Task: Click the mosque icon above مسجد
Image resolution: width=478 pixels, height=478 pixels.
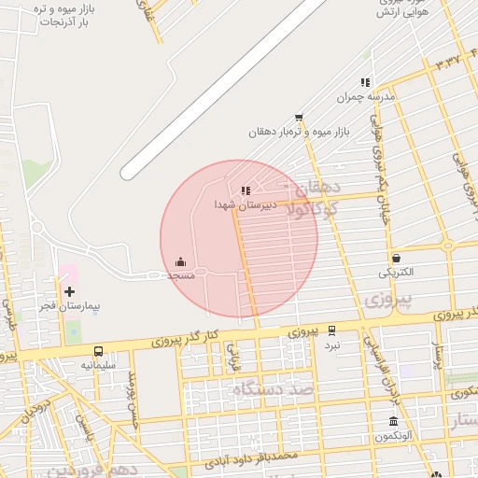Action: click(x=180, y=261)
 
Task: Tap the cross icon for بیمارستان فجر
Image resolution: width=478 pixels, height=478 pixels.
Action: click(x=70, y=292)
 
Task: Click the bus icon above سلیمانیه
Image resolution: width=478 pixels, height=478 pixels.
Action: click(x=98, y=351)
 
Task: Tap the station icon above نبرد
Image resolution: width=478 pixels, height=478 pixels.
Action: click(x=332, y=330)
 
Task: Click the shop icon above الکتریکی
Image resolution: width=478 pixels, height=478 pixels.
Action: click(x=397, y=259)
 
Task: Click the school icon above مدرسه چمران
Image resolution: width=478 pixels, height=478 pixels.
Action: click(x=365, y=82)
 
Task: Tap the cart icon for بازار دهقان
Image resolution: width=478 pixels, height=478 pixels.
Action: click(x=299, y=118)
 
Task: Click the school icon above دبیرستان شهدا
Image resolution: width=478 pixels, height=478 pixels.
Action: click(x=246, y=190)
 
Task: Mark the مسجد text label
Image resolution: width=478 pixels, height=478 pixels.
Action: click(x=180, y=275)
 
